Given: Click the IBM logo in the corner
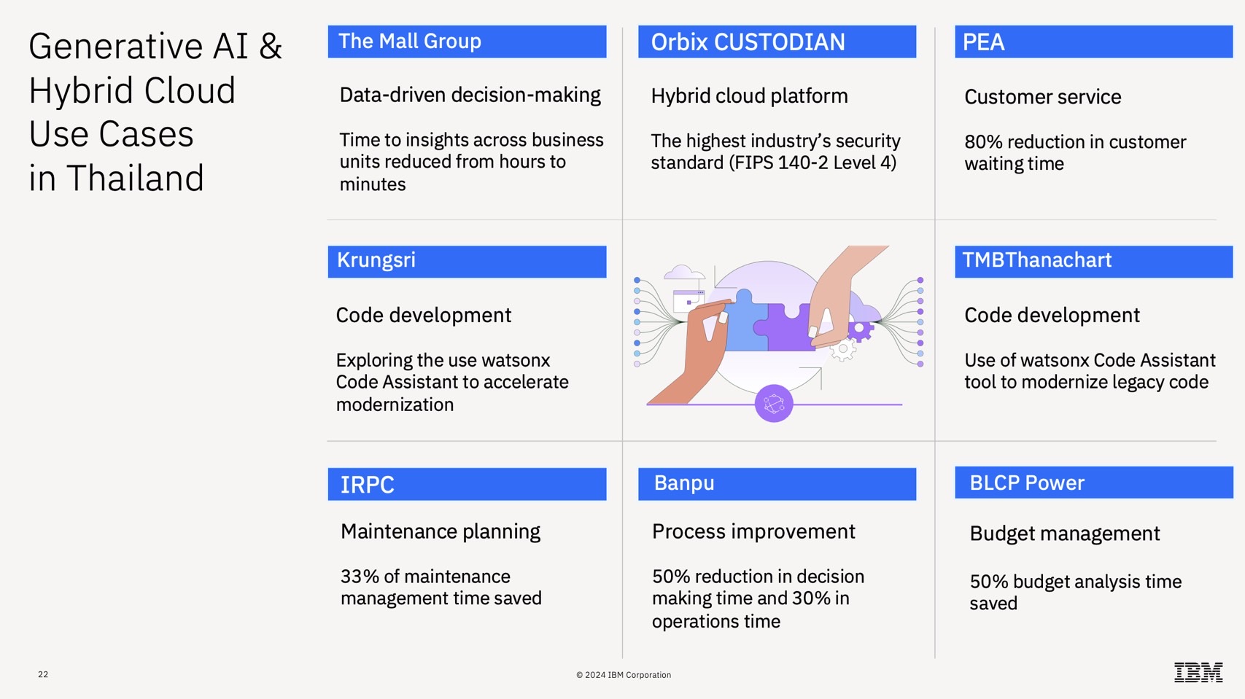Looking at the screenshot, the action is [x=1198, y=672].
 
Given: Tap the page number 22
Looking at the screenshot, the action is [x=43, y=674].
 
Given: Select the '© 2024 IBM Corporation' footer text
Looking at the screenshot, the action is [x=623, y=674].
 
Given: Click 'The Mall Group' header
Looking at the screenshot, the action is [x=410, y=41].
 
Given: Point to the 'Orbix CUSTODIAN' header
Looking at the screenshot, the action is [x=748, y=42].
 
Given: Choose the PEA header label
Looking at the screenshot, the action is [x=983, y=42].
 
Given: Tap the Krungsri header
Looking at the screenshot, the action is [x=376, y=260].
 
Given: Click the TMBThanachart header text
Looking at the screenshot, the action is [x=1036, y=260].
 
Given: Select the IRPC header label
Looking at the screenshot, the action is [x=367, y=485].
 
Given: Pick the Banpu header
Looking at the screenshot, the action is [x=683, y=483].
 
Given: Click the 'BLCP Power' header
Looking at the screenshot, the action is [x=1027, y=483].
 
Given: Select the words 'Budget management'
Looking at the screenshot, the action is [x=1064, y=534].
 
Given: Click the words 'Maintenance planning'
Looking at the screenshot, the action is [x=441, y=532].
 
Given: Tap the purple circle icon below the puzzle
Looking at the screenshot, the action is [x=774, y=403].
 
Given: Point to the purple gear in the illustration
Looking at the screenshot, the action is [x=859, y=329].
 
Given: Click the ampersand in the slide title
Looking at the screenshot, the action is [x=270, y=46].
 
